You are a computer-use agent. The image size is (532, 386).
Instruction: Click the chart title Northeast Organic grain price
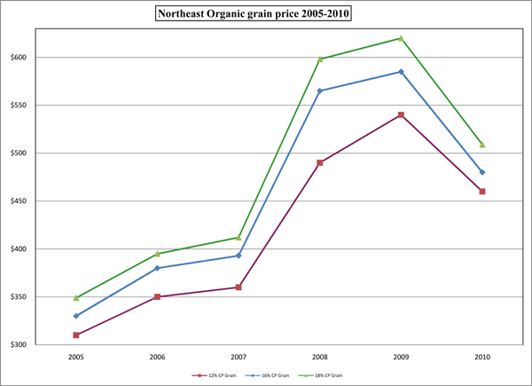(266, 14)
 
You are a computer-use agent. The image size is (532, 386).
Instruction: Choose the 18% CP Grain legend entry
(319, 375)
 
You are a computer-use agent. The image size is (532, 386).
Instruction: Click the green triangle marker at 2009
(401, 38)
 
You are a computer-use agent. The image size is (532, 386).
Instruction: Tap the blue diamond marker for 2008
(319, 91)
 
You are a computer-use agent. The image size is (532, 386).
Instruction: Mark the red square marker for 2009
(401, 115)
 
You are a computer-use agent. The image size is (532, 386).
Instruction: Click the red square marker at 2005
(76, 335)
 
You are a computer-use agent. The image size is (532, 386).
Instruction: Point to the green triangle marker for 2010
(481, 144)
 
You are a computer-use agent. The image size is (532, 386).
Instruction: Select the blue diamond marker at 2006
(157, 268)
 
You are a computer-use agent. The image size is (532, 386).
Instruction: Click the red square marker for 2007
(238, 288)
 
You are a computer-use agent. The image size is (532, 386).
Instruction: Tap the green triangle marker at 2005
(76, 297)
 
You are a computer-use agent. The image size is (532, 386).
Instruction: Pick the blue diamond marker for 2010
(481, 172)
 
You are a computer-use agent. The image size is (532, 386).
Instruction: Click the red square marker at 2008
(319, 162)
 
